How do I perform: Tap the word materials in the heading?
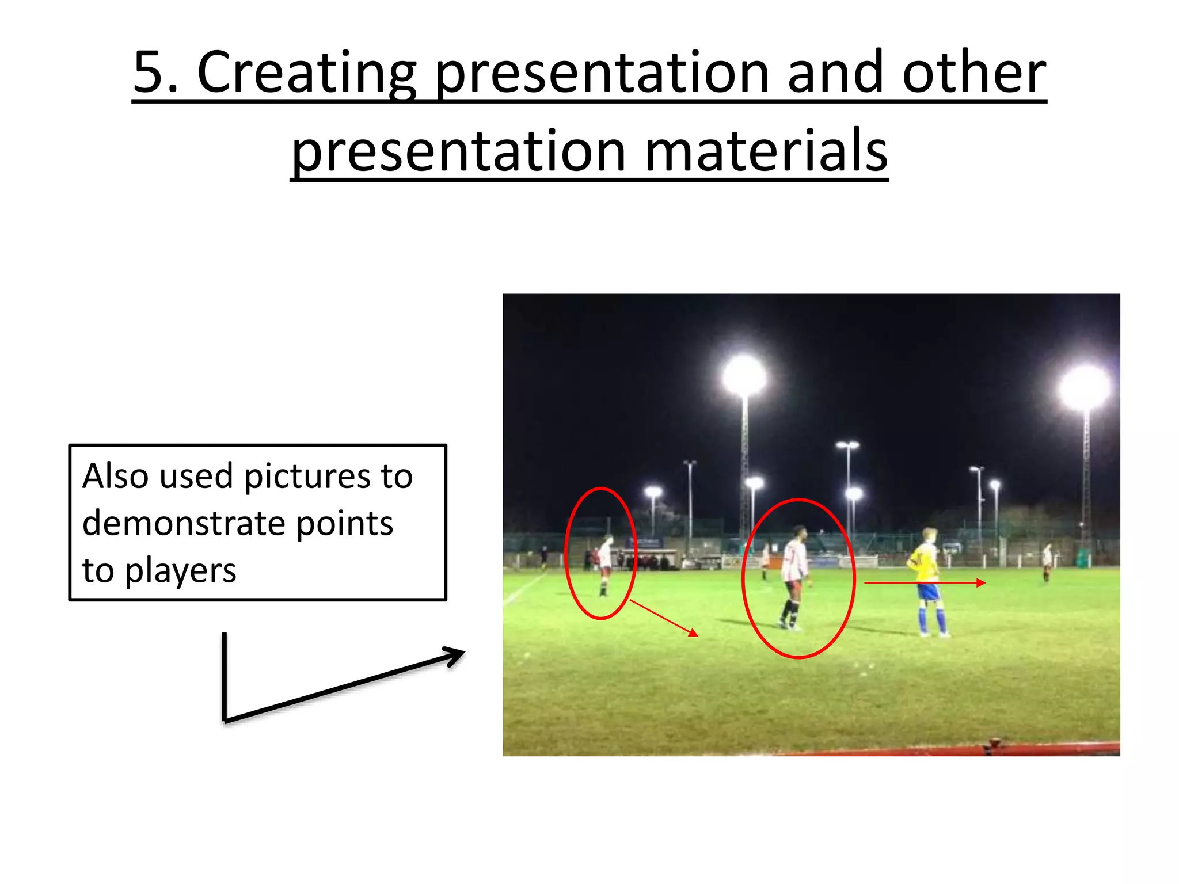click(x=766, y=151)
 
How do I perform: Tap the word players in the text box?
click(x=180, y=571)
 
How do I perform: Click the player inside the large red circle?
click(x=795, y=576)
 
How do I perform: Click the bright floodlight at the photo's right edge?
click(x=1085, y=388)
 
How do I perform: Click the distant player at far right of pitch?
click(x=1047, y=562)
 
